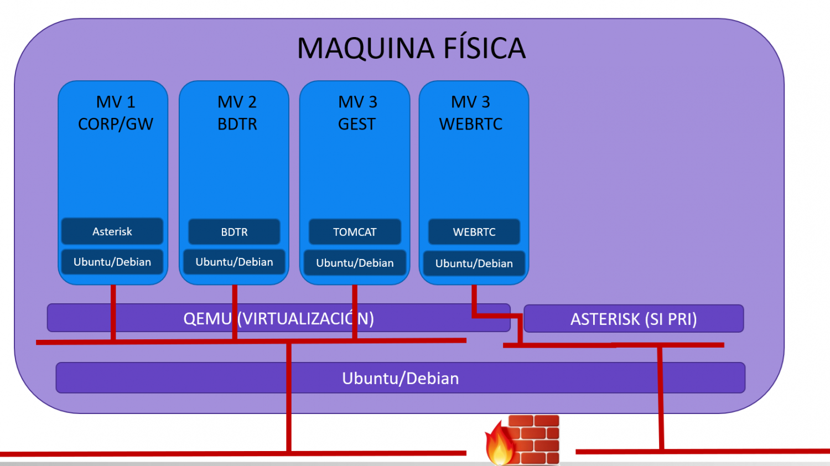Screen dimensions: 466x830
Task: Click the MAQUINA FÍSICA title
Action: coord(411,48)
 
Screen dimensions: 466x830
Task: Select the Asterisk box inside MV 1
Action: coord(112,231)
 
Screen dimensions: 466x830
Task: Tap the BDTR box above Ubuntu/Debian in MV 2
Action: coord(234,232)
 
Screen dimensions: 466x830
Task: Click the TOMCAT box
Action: coord(355,232)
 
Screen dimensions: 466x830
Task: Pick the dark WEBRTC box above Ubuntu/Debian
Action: coord(474,232)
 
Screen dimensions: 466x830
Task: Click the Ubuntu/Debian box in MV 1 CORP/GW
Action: coord(112,262)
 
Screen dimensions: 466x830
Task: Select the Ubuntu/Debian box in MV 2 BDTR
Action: coord(234,262)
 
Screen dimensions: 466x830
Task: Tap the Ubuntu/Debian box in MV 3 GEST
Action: coord(355,263)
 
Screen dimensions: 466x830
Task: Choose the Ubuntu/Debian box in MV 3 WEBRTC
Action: coord(474,263)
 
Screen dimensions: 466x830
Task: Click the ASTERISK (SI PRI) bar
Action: coord(634,319)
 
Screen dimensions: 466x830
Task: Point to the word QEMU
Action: coord(207,319)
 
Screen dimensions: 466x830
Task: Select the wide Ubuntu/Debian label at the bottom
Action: coord(400,379)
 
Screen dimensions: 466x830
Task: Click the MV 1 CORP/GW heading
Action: coord(115,113)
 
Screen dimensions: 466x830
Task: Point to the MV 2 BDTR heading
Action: coord(237,113)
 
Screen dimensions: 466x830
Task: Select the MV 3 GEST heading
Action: coord(357,113)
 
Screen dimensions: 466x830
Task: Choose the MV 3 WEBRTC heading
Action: coord(471,113)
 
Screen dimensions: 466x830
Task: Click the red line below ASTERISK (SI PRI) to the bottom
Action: coord(660,398)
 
